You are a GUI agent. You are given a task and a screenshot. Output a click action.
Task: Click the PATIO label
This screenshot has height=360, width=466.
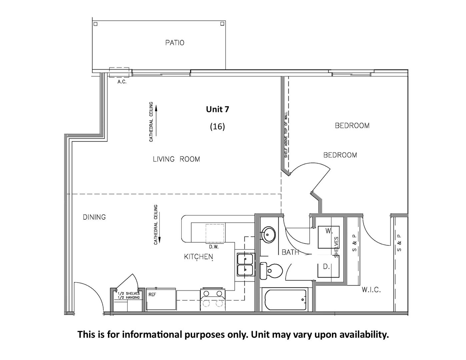175,43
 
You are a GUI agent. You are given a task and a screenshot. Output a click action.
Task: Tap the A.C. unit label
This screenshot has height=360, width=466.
122,82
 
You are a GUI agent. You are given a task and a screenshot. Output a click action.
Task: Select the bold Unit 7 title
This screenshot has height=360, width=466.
217,109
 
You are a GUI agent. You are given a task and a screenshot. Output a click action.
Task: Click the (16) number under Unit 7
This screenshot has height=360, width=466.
217,126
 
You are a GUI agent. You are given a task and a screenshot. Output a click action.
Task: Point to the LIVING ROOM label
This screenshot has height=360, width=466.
176,159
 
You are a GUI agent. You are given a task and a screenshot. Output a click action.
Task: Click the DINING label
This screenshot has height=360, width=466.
94,217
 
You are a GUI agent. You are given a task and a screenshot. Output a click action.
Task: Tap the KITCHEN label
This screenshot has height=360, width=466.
199,257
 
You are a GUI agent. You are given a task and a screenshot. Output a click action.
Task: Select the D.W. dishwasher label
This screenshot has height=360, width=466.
214,247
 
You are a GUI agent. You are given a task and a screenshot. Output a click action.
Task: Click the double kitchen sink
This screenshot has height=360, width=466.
245,265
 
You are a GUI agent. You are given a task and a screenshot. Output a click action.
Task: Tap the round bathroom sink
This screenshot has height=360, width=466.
268,234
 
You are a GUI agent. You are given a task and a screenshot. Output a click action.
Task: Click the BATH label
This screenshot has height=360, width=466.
290,252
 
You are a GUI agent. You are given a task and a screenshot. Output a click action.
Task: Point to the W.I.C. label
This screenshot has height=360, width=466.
371,290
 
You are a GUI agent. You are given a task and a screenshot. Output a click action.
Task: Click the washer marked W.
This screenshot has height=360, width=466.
328,237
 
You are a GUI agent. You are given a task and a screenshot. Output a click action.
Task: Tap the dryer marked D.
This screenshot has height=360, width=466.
328,267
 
